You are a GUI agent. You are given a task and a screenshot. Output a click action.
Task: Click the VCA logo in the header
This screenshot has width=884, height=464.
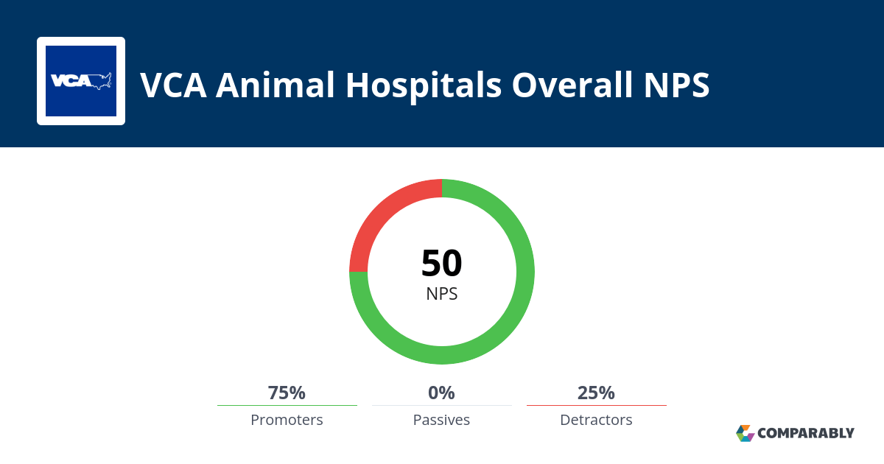[81, 81]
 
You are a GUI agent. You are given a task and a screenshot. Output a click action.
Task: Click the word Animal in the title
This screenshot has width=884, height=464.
[274, 85]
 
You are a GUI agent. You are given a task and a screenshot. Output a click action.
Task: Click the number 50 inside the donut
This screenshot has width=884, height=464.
[441, 264]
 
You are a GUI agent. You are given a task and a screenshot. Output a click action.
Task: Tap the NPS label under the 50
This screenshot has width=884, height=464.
[441, 294]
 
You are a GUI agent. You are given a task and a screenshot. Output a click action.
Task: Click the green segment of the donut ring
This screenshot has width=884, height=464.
[516, 309]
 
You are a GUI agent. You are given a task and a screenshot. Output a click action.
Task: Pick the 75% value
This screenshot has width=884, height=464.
[287, 393]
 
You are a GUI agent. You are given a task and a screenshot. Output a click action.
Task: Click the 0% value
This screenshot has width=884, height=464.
[441, 393]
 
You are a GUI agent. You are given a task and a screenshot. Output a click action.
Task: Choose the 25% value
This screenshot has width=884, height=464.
[596, 393]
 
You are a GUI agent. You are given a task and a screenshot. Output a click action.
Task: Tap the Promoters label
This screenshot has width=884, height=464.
[287, 420]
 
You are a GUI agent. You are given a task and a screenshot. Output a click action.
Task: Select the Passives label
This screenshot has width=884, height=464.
[441, 420]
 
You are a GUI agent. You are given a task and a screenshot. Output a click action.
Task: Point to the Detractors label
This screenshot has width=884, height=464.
[596, 420]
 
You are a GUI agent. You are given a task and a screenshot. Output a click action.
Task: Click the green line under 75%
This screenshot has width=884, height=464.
[287, 405]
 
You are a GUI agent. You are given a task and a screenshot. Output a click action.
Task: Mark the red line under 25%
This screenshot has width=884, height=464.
[596, 405]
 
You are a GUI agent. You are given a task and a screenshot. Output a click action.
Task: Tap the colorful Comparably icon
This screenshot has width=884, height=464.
[745, 433]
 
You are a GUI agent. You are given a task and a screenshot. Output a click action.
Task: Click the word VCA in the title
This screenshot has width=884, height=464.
[174, 85]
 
